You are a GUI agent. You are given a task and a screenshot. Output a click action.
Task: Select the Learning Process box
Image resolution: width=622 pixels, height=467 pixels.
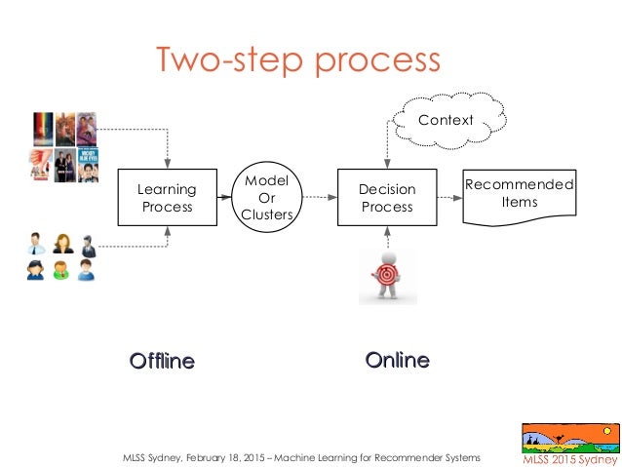tap(168, 198)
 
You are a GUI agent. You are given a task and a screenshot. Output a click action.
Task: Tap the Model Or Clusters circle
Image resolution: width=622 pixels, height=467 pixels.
tap(266, 198)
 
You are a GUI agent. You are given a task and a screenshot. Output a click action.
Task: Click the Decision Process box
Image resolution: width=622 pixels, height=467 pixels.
tap(387, 198)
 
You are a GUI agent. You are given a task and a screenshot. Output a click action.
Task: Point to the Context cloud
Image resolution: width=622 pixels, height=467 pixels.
tap(445, 121)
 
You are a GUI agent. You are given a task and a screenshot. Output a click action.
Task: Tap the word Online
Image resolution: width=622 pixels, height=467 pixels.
tap(397, 361)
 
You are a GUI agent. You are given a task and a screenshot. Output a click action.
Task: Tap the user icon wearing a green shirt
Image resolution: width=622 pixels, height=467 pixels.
tap(60, 270)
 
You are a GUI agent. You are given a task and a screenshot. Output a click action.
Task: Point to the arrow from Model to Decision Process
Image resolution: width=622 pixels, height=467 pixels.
tap(315, 199)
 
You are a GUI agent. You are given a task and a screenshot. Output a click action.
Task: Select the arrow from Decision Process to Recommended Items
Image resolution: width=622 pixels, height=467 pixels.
tap(450, 199)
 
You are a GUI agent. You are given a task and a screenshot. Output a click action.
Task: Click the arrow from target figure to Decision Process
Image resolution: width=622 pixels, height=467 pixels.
tap(387, 238)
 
